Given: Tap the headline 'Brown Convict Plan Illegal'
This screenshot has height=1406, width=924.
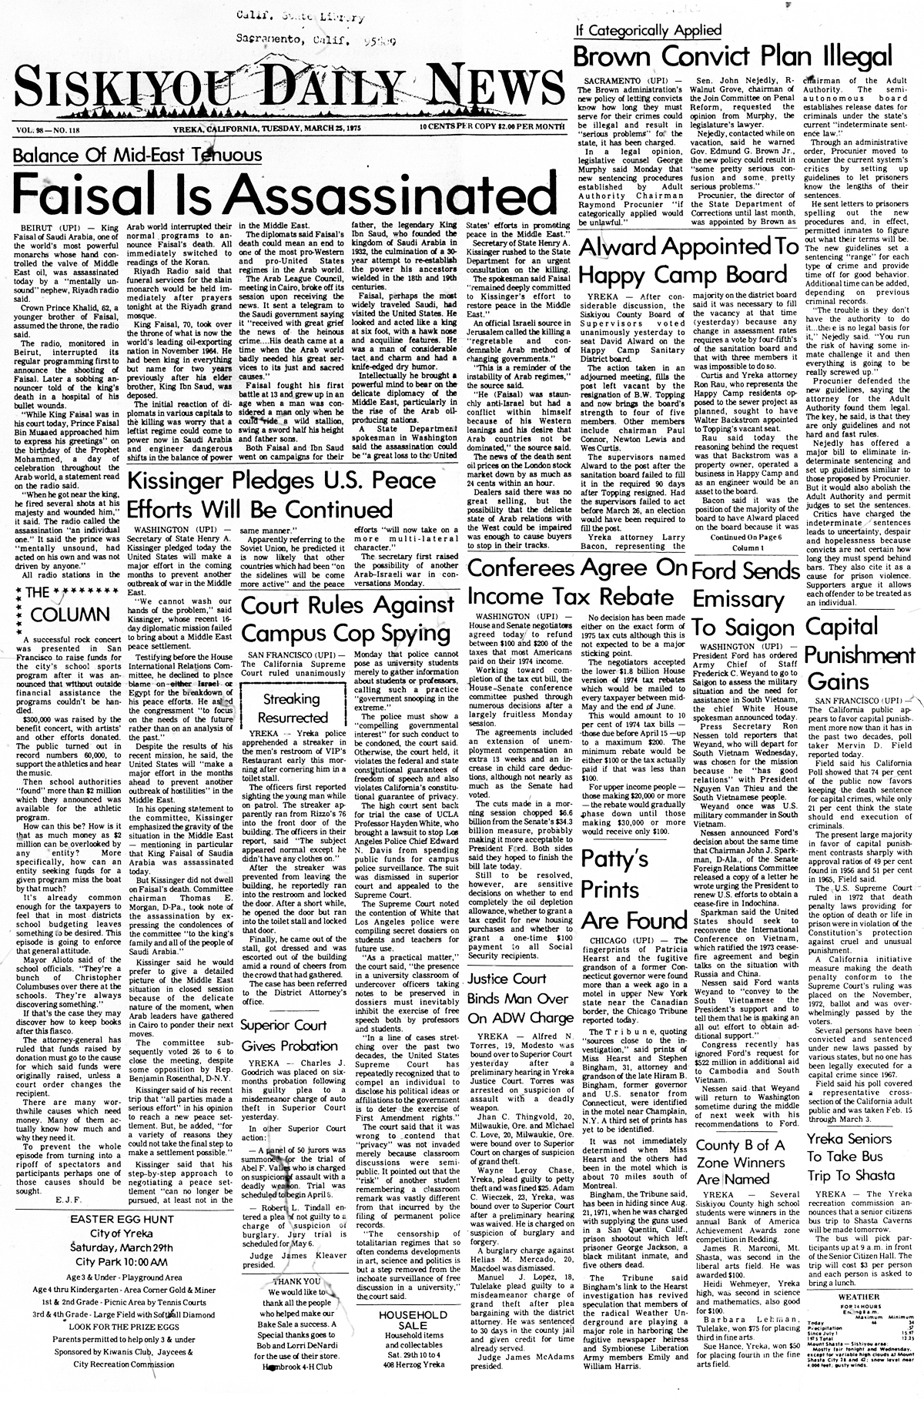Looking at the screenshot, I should (748, 56).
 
